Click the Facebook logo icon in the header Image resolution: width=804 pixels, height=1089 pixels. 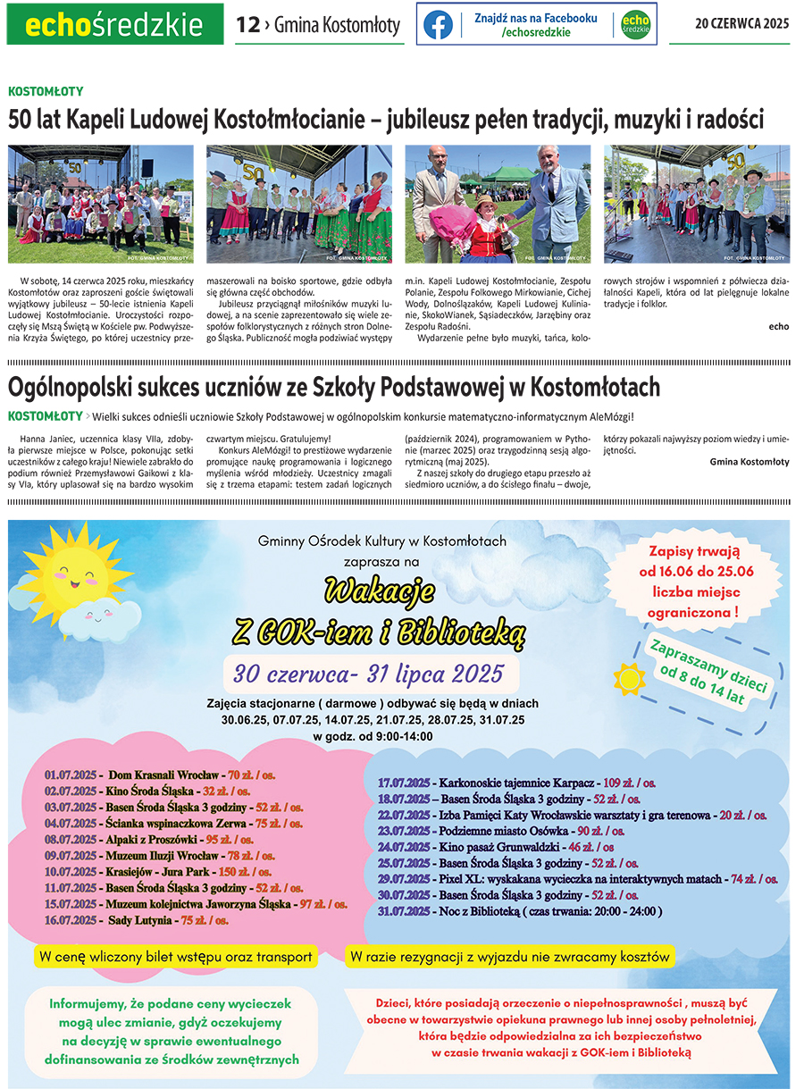pyautogui.click(x=438, y=25)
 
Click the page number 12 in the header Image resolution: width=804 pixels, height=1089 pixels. pyautogui.click(x=247, y=25)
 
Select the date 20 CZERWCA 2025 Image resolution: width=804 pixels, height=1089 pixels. pyautogui.click(x=741, y=24)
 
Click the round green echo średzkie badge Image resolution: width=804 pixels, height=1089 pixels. pyautogui.click(x=635, y=25)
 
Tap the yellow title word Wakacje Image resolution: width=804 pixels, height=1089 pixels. pyautogui.click(x=380, y=591)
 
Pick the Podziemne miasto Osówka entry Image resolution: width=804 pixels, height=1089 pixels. pyautogui.click(x=501, y=831)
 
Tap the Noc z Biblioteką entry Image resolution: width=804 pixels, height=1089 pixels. pyautogui.click(x=520, y=911)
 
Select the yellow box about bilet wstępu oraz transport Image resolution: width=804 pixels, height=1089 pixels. pyautogui.click(x=176, y=957)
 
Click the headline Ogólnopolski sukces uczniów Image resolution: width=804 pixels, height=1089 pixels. pyautogui.click(x=333, y=387)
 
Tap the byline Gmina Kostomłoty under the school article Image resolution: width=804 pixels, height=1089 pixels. pyautogui.click(x=750, y=462)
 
